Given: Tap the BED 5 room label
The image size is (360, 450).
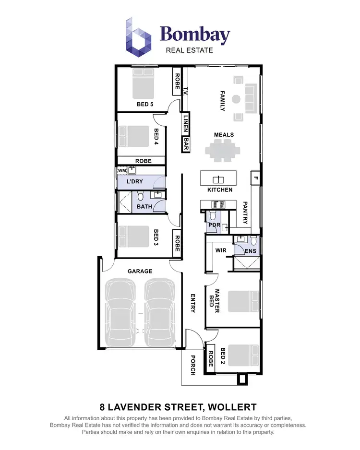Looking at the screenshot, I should click(x=144, y=104).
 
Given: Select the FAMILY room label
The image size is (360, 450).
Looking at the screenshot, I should click(x=222, y=101).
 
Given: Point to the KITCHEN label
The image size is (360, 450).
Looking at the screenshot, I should click(x=220, y=190).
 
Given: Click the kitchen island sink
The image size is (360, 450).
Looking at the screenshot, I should click(x=218, y=179).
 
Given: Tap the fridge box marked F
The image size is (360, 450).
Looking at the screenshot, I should click(x=255, y=178).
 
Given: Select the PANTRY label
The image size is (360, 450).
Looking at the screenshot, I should click(x=245, y=213).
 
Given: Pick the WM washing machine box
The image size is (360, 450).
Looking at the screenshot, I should click(x=121, y=170).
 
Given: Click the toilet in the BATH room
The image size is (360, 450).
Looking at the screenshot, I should click(x=141, y=197).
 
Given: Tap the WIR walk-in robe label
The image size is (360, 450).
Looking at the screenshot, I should click(x=221, y=250).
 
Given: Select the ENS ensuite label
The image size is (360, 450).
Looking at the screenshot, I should click(x=250, y=250).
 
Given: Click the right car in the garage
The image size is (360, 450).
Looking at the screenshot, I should click(x=159, y=312).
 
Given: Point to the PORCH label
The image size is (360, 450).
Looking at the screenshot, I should click(x=193, y=365).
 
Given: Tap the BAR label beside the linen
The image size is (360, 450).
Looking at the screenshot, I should click(x=186, y=144).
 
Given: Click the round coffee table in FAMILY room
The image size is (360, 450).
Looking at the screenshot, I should click(x=236, y=99).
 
